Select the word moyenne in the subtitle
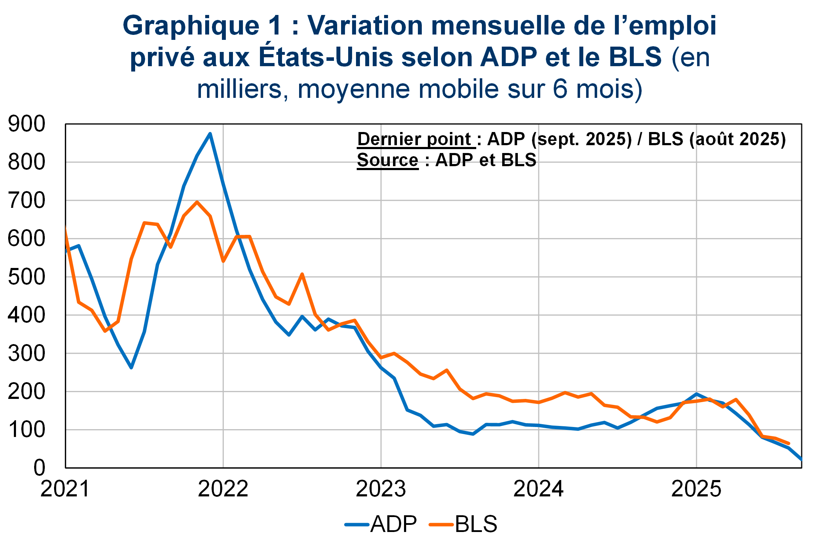click(x=353, y=89)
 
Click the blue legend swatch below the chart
click(x=357, y=525)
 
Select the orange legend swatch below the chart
click(x=441, y=525)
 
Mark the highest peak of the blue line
click(x=210, y=134)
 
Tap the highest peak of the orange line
click(x=197, y=202)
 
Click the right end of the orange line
click(x=789, y=443)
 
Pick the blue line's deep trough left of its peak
click(x=131, y=367)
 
